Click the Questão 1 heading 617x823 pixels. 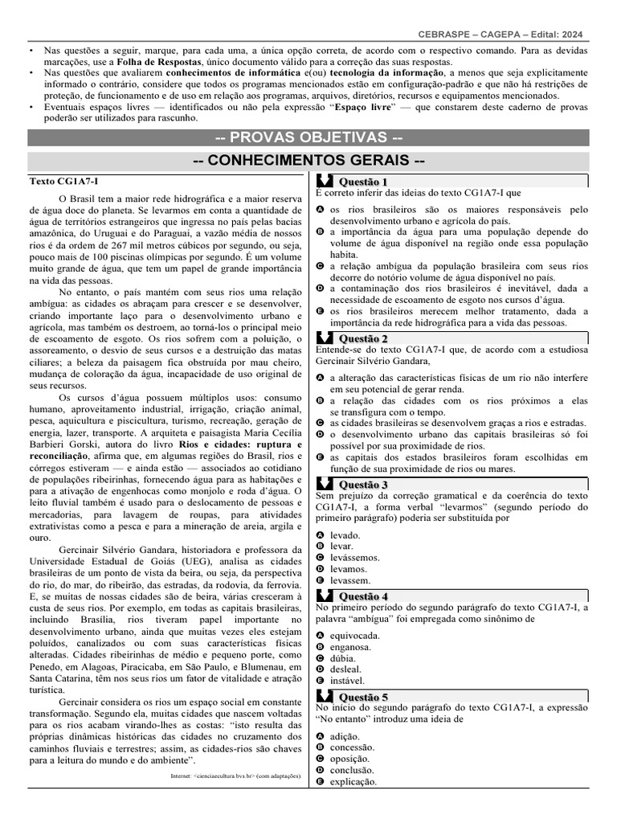(363, 182)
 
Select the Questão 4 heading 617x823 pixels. (363, 596)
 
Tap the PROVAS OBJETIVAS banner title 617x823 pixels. (308, 137)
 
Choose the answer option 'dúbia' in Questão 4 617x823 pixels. (344, 658)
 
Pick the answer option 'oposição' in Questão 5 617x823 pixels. (350, 758)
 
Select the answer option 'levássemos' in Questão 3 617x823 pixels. (355, 557)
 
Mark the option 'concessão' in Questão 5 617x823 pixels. (353, 747)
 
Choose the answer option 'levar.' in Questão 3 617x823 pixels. (342, 546)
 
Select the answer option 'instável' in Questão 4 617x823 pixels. (347, 681)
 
